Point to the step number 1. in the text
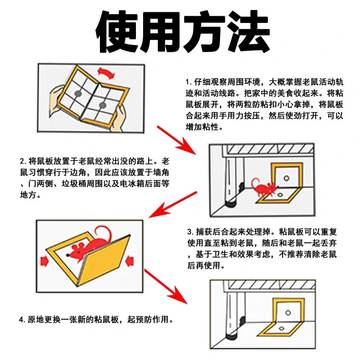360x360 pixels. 188,82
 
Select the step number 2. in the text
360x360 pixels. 22,161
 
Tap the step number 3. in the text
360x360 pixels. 190,232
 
